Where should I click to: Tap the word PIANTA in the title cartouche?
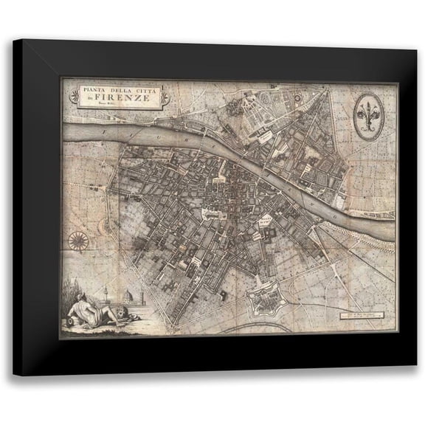(90, 89)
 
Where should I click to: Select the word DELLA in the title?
(117, 89)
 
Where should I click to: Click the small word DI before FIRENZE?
(90, 99)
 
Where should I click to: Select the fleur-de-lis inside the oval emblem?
(365, 114)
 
